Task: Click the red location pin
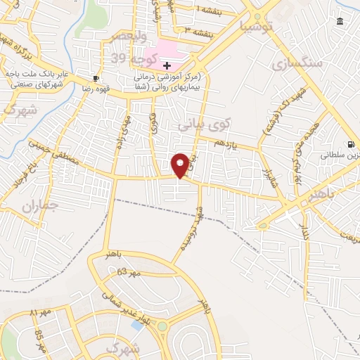pos(180,165)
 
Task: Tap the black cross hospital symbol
pos(167,65)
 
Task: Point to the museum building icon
pos(340,22)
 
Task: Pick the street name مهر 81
pos(40,312)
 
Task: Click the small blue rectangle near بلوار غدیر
pos(136,325)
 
